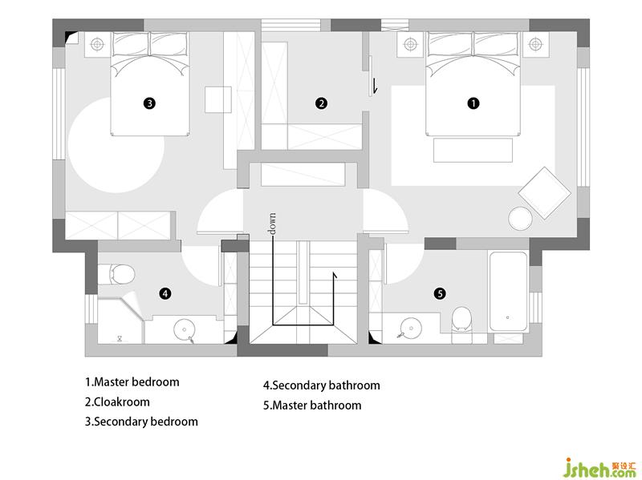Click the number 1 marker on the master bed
[x=473, y=103]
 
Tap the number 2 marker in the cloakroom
[x=321, y=103]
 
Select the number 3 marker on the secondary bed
[x=148, y=103]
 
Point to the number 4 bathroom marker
[x=165, y=293]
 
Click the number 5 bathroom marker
[x=440, y=293]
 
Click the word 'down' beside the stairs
[x=273, y=224]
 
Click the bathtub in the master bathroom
[x=507, y=292]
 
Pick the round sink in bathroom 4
[x=185, y=329]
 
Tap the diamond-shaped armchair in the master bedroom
[x=545, y=192]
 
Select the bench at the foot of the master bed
[x=473, y=150]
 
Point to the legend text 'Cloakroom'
[x=121, y=401]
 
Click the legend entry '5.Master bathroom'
[x=312, y=405]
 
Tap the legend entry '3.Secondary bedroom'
[x=141, y=421]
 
